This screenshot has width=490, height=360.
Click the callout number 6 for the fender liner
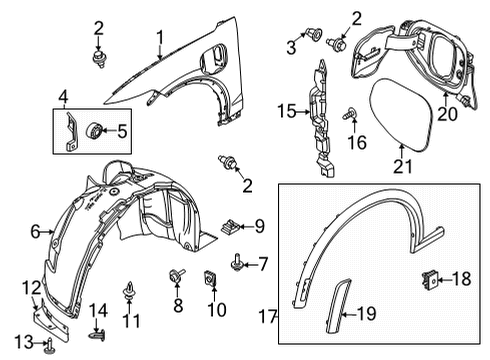click(35, 231)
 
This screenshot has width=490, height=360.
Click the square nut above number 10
click(212, 275)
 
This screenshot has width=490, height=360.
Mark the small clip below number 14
click(97, 329)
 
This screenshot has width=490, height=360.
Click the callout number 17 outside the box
click(267, 317)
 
